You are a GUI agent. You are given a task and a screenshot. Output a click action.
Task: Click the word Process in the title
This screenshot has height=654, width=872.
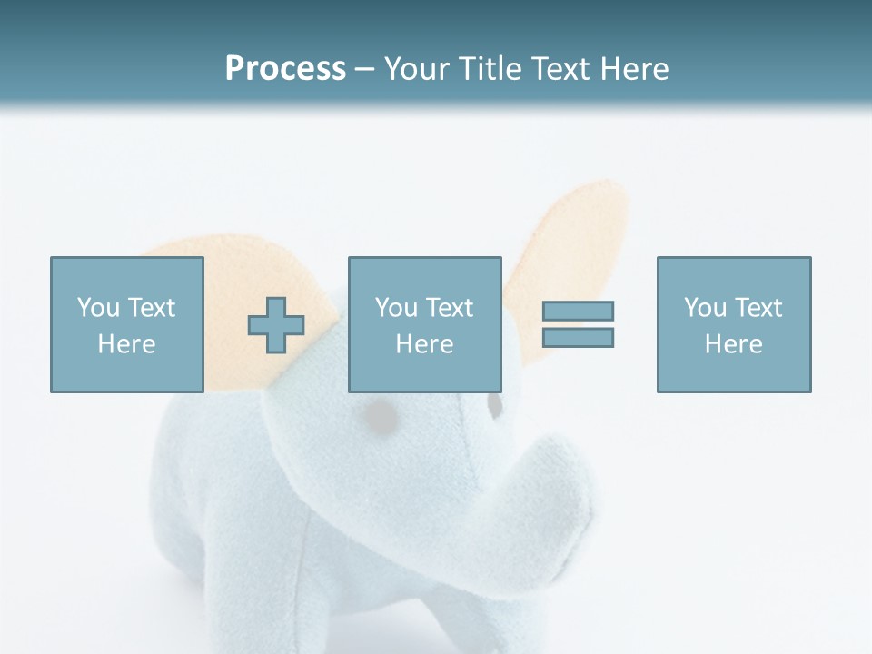click(x=285, y=69)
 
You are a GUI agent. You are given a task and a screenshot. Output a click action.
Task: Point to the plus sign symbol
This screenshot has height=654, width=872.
click(x=276, y=325)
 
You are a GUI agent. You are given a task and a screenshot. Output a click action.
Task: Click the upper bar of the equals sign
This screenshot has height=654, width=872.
click(x=578, y=311)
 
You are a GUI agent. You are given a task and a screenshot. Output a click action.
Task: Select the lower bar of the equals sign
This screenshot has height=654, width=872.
click(x=578, y=337)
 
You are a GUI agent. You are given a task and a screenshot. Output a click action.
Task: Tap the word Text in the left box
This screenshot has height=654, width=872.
click(x=151, y=308)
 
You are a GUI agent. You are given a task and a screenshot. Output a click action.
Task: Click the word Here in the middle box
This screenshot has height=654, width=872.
click(x=424, y=344)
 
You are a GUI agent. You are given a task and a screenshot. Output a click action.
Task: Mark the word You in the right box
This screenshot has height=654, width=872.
click(x=706, y=308)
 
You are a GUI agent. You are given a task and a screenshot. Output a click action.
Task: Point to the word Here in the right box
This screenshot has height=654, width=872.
click(x=733, y=344)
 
